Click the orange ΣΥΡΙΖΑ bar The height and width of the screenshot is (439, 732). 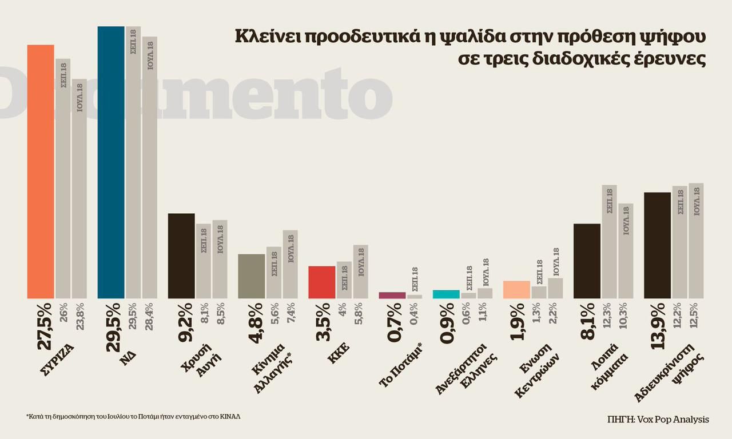coord(41,171)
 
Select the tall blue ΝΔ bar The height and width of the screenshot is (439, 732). coord(111,162)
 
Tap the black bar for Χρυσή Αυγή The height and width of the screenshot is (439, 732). coord(181,256)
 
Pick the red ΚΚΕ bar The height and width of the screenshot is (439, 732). coord(322,282)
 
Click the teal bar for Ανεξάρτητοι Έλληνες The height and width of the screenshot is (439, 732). coord(446,294)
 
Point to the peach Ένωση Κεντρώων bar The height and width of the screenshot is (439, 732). coord(516,290)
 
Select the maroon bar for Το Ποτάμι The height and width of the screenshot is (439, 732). coord(392,296)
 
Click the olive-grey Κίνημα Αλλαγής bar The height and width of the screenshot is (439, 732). coord(252,276)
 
